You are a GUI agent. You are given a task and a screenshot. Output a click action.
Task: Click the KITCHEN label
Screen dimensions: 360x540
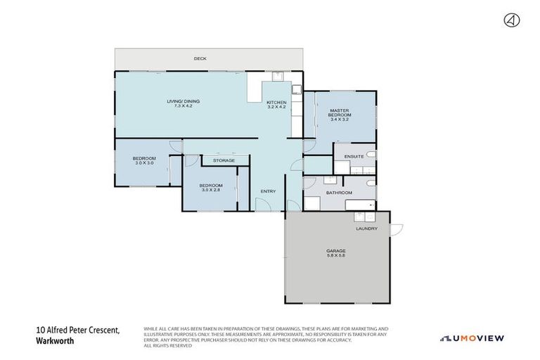pos(276,103)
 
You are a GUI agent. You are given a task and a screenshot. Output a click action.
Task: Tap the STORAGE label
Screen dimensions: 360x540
pos(224,160)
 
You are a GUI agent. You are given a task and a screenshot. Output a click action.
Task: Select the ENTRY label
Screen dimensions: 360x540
pos(268,191)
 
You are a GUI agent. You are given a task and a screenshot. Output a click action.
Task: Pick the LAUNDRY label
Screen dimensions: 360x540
pos(366,229)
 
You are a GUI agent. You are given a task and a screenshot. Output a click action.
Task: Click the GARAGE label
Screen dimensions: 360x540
pos(335,250)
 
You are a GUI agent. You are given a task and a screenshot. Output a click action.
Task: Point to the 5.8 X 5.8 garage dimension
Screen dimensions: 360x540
pos(335,255)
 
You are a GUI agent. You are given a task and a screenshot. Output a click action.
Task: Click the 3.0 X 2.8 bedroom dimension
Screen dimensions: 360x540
pos(211,189)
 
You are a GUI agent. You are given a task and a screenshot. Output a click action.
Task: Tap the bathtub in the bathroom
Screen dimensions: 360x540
pos(359,205)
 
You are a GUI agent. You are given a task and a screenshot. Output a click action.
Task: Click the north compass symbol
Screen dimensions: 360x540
pos(511,20)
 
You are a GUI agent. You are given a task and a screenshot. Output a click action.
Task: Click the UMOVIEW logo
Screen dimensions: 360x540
pos(472,338)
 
